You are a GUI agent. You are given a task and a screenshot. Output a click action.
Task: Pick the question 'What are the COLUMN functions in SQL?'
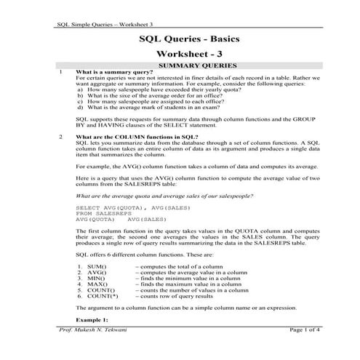[x=137, y=137]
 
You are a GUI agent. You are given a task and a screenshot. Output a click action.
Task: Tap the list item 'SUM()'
[x=97, y=268]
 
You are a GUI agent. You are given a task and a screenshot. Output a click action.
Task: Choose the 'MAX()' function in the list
[x=97, y=286]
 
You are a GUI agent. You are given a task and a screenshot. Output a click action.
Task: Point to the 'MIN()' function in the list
[x=96, y=280]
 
